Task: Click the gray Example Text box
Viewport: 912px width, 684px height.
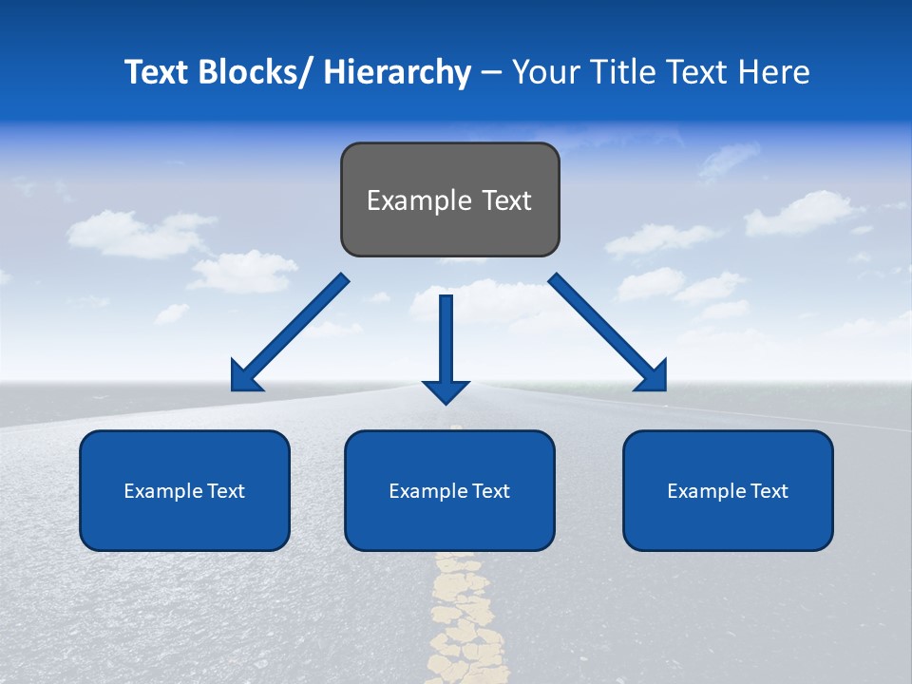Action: (x=449, y=199)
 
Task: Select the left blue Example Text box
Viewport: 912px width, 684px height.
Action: (x=184, y=490)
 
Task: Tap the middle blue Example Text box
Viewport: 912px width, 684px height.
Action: (x=449, y=490)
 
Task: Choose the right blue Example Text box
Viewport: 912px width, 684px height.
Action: (x=728, y=490)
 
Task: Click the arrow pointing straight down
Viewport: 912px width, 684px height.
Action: (x=446, y=347)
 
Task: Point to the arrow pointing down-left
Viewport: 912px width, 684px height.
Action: (x=290, y=332)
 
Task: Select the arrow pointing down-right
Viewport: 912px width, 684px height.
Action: (x=608, y=332)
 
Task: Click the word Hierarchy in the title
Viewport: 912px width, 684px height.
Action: (x=397, y=72)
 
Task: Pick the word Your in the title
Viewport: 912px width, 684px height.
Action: (x=545, y=72)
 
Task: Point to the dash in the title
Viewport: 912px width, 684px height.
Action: (x=490, y=72)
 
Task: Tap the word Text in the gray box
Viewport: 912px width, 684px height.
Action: (x=505, y=200)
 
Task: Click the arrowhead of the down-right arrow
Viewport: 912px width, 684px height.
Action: (x=653, y=377)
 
